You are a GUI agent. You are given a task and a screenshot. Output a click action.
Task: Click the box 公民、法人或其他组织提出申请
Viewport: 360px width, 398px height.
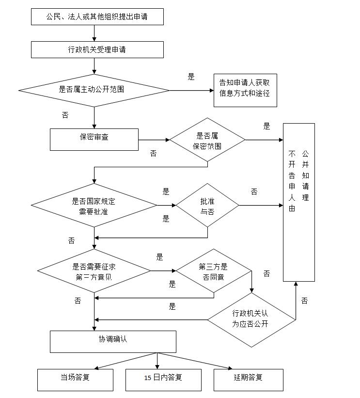(x=97, y=16)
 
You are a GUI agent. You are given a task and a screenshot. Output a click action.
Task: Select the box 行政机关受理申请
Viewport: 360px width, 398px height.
(x=97, y=49)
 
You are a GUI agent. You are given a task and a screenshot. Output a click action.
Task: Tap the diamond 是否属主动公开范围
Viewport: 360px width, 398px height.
(x=94, y=90)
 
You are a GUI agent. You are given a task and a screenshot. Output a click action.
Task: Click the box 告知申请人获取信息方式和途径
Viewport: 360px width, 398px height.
(x=245, y=90)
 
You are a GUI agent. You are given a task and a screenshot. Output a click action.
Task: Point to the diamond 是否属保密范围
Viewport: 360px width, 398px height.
(x=207, y=140)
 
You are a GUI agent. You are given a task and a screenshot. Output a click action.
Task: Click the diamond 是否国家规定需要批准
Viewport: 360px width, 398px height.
(x=94, y=206)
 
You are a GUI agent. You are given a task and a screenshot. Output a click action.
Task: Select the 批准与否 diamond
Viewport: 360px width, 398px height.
(x=207, y=206)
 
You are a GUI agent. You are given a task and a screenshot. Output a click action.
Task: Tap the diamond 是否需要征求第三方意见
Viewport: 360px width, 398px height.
(x=94, y=271)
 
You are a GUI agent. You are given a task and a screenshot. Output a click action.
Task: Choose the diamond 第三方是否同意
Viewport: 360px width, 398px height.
(x=213, y=271)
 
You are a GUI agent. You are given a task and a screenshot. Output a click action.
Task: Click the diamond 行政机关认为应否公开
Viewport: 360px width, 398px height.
(x=251, y=319)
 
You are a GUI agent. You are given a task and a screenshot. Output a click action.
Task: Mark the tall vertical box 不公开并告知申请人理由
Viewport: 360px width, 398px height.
(x=299, y=202)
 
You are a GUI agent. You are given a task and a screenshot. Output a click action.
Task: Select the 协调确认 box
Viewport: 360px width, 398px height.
(x=113, y=341)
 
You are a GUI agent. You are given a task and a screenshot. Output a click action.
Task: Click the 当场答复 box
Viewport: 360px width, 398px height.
(x=75, y=380)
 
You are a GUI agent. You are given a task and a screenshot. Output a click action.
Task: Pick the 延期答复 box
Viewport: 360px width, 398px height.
(x=248, y=380)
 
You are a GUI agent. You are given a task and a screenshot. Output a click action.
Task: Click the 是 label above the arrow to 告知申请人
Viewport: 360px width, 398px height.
(x=191, y=77)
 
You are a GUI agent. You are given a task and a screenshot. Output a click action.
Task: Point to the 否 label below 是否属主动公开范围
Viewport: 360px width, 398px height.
(x=65, y=115)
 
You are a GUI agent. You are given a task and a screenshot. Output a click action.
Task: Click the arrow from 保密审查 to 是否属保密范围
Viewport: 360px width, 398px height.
(x=154, y=140)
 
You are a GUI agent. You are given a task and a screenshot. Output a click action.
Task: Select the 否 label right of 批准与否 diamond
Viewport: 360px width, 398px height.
(x=254, y=192)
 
